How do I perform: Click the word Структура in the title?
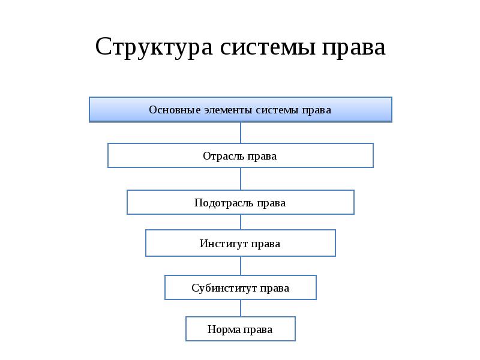[154, 47]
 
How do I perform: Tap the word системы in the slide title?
[268, 47]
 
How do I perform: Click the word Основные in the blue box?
[175, 110]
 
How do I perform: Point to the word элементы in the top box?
[229, 110]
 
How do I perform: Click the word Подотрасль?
[224, 203]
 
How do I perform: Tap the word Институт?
[224, 244]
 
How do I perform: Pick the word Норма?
[224, 329]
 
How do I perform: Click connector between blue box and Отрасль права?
[241, 133]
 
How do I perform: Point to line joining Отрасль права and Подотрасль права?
[241, 179]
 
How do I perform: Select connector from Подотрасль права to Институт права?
[241, 222]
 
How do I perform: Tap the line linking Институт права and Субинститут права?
[241, 266]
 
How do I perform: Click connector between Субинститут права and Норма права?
[241, 308]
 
